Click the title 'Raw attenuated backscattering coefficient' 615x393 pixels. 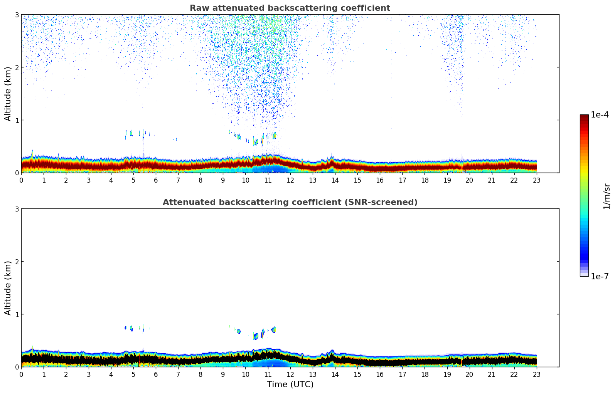click(290, 8)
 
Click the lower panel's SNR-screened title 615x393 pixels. click(290, 202)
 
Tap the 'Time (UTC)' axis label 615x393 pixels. click(290, 385)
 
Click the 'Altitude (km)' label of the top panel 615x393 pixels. click(8, 94)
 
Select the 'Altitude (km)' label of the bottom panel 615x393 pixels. click(8, 288)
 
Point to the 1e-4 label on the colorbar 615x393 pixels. click(600, 115)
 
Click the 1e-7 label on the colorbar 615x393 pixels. click(600, 277)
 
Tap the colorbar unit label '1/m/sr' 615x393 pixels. click(607, 196)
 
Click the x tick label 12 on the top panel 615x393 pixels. click(290, 180)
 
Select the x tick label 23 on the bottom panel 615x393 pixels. click(537, 374)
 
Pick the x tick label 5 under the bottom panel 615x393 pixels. click(133, 374)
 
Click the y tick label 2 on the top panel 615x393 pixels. click(17, 67)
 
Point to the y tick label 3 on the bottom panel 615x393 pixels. click(17, 209)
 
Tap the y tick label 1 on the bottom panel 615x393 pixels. click(17, 314)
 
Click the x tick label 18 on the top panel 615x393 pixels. click(425, 180)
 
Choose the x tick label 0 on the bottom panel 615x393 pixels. click(21, 374)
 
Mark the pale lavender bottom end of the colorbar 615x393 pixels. click(584, 274)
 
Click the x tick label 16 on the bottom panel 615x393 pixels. click(380, 374)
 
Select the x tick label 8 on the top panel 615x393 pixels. click(201, 180)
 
